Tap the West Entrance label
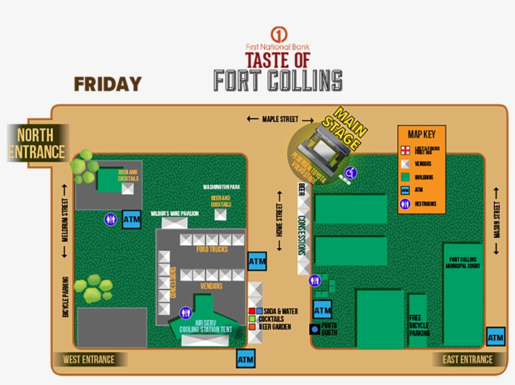(89, 360)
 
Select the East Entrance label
(468, 359)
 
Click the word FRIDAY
(107, 83)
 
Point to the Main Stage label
(347, 129)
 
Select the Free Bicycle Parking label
(419, 325)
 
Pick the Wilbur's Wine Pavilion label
(174, 214)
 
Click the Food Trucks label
(212, 250)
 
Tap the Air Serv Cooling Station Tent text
(205, 326)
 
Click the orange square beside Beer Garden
(252, 327)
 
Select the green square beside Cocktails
(252, 319)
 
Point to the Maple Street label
(279, 119)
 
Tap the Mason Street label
(497, 219)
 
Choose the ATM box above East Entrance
(496, 337)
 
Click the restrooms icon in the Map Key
(405, 204)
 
